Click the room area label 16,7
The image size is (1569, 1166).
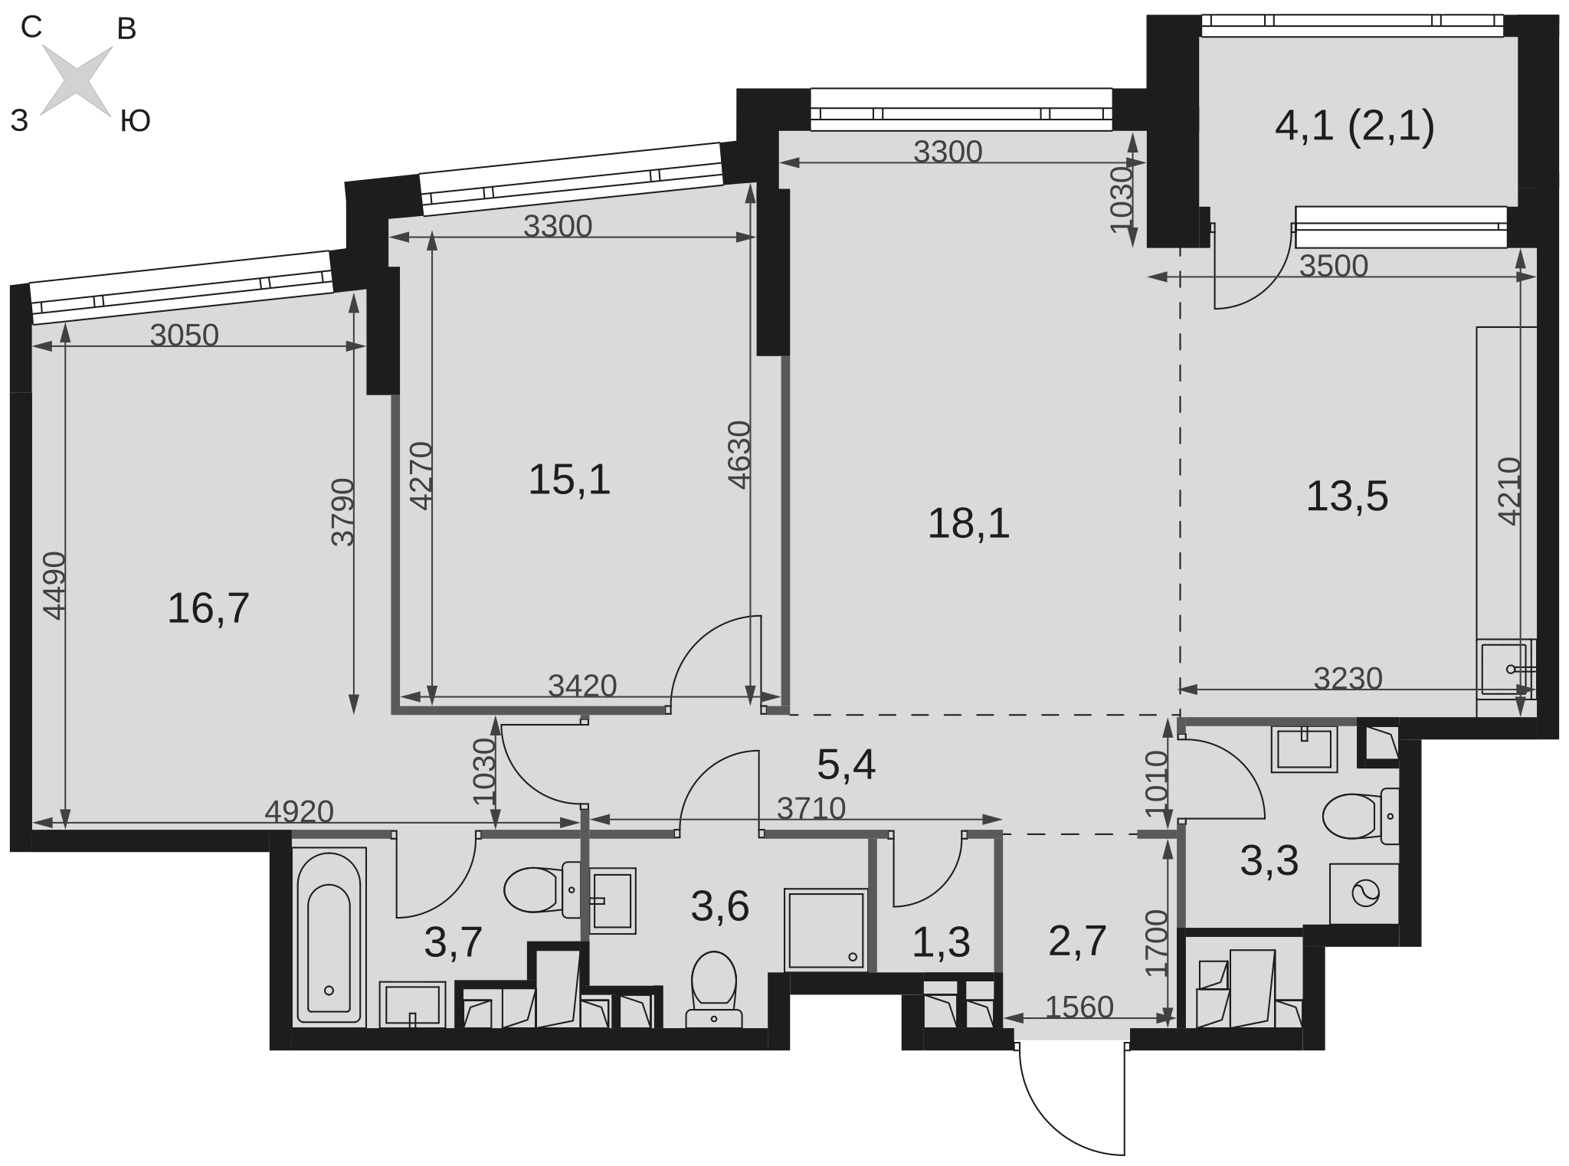pyautogui.click(x=208, y=609)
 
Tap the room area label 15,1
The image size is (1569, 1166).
pyautogui.click(x=569, y=480)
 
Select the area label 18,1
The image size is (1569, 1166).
pyautogui.click(x=968, y=524)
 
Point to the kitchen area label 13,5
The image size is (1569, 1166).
pyautogui.click(x=1347, y=496)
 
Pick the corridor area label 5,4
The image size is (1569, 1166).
pyautogui.click(x=846, y=765)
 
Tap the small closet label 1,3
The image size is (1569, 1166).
pyautogui.click(x=941, y=942)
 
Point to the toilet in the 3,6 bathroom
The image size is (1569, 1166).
pyautogui.click(x=713, y=989)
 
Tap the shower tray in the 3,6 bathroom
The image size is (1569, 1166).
pyautogui.click(x=826, y=929)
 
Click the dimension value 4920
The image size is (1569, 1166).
pyautogui.click(x=299, y=811)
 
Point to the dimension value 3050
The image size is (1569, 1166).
pyautogui.click(x=184, y=335)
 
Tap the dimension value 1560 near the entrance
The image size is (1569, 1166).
pyautogui.click(x=1079, y=1007)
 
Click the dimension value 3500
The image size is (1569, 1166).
pyautogui.click(x=1334, y=265)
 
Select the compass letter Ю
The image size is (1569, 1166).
pyautogui.click(x=135, y=121)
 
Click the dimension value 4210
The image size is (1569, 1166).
pyautogui.click(x=1508, y=491)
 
